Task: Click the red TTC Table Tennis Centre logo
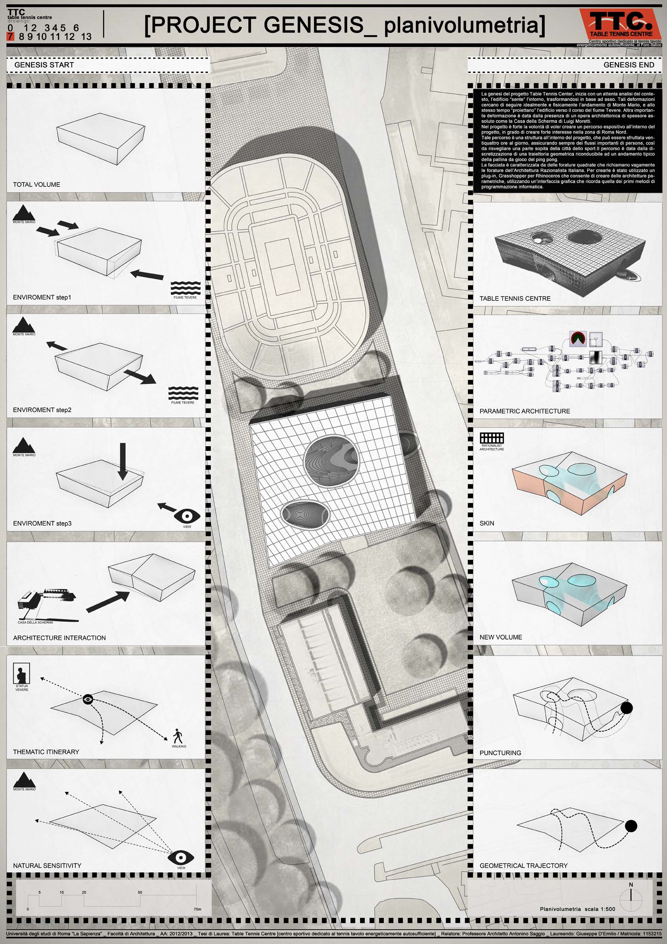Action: pyautogui.click(x=620, y=24)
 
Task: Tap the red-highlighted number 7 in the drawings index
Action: pyautogui.click(x=10, y=36)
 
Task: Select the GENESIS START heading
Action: pyautogui.click(x=44, y=65)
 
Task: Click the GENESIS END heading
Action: pyautogui.click(x=628, y=65)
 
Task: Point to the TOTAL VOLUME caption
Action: pyautogui.click(x=36, y=185)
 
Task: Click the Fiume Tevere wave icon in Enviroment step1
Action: pyautogui.click(x=185, y=288)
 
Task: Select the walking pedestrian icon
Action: pyautogui.click(x=178, y=736)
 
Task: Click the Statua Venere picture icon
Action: pyautogui.click(x=21, y=674)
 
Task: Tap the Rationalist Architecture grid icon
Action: pyautogui.click(x=492, y=438)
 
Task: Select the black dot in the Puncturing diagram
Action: pyautogui.click(x=626, y=708)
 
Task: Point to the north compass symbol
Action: pyautogui.click(x=631, y=896)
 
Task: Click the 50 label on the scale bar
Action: pyautogui.click(x=140, y=893)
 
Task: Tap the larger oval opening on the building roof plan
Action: pyautogui.click(x=332, y=461)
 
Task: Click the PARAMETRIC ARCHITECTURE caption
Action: pyautogui.click(x=525, y=411)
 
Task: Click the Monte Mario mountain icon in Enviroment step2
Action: pyautogui.click(x=23, y=325)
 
